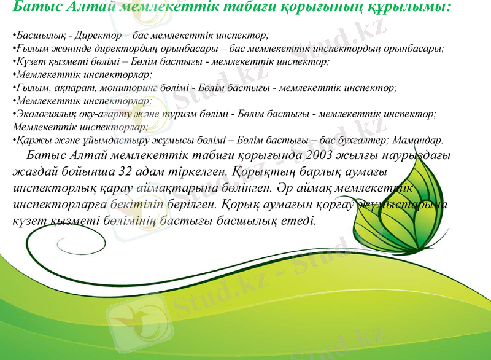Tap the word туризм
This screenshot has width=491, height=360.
215,114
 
